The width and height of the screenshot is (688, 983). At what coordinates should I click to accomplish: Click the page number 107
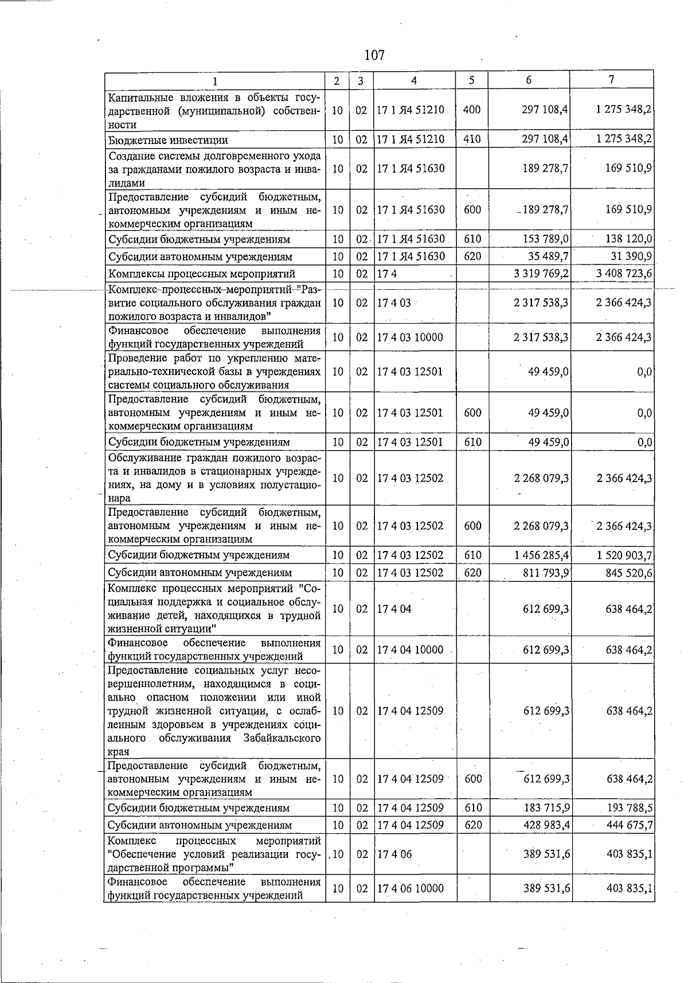pos(374,56)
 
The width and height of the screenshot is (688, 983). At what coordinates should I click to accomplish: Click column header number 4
pos(414,80)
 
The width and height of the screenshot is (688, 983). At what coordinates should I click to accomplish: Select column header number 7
pos(612,80)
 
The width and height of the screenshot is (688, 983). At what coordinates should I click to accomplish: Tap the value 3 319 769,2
pos(541,274)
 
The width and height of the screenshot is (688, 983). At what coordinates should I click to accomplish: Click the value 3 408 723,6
pos(624,274)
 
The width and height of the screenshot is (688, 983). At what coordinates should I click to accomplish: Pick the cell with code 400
pos(471,110)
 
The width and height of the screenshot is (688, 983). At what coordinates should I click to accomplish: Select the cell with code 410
pos(471,139)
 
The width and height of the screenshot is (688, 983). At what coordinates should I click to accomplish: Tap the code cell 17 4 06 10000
pos(410,888)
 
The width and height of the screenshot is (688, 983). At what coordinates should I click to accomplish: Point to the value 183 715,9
pos(547,808)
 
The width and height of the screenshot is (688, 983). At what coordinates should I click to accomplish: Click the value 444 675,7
pos(629,825)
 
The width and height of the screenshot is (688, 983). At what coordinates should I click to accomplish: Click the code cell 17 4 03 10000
pos(410,337)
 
